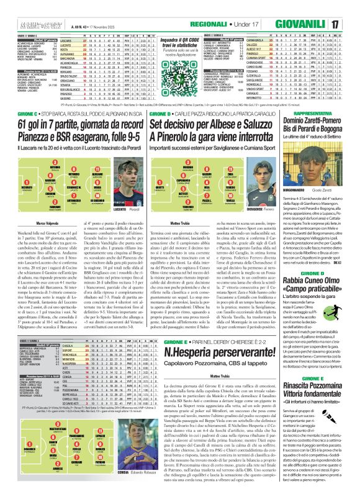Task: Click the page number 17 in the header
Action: [x=351, y=24]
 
